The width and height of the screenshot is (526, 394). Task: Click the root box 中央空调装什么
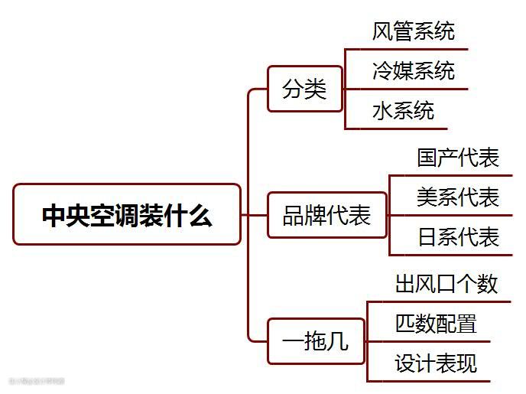(127, 215)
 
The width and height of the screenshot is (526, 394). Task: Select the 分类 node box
(304, 90)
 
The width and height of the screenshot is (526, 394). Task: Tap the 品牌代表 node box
(326, 215)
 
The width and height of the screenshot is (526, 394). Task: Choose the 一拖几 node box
(316, 341)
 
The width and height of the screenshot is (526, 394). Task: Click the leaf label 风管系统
(413, 31)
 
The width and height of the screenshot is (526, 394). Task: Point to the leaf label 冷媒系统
(413, 71)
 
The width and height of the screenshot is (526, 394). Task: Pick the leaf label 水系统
(403, 111)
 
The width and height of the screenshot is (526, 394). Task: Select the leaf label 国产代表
(458, 158)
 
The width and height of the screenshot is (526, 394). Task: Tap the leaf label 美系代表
(458, 197)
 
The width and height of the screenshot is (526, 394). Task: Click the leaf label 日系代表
(458, 237)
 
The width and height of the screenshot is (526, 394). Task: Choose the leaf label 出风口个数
(446, 284)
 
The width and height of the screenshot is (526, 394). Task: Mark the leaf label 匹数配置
(436, 324)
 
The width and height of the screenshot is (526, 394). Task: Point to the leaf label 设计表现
(436, 363)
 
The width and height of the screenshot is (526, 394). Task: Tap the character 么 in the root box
(201, 216)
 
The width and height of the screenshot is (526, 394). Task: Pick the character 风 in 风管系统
(382, 32)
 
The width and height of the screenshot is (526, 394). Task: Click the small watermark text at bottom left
(37, 380)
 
